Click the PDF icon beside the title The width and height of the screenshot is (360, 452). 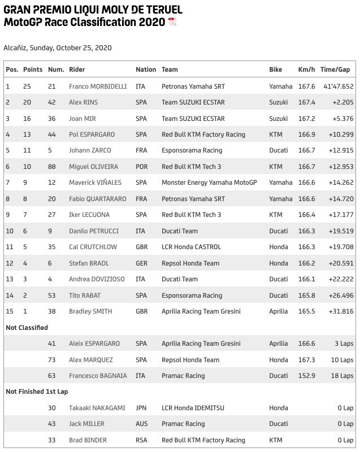172,22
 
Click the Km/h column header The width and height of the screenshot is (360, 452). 307,69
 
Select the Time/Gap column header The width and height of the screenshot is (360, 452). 335,69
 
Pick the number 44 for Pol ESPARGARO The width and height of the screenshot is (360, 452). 52,134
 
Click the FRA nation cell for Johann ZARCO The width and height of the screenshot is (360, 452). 141,150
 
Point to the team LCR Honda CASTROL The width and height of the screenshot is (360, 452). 191,247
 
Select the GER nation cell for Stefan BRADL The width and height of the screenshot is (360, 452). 141,263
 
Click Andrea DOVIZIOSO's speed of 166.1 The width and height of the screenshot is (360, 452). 306,279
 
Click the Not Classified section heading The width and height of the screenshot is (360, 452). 27,328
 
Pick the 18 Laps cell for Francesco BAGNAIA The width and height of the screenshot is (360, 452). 342,376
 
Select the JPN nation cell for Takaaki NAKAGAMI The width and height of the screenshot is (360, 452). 141,408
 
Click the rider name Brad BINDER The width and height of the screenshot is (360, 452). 88,440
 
